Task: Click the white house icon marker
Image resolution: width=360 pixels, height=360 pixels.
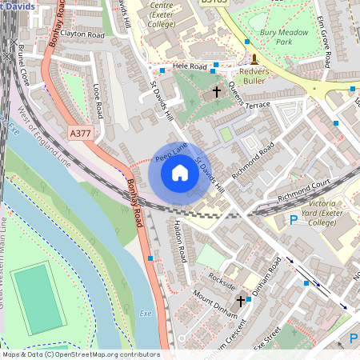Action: coord(180,172)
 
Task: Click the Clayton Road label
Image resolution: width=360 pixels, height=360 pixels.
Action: coord(82,35)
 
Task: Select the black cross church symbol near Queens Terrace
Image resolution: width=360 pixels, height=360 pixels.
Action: coord(217,92)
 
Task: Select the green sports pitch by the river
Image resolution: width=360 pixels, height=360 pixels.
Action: coord(36,298)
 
